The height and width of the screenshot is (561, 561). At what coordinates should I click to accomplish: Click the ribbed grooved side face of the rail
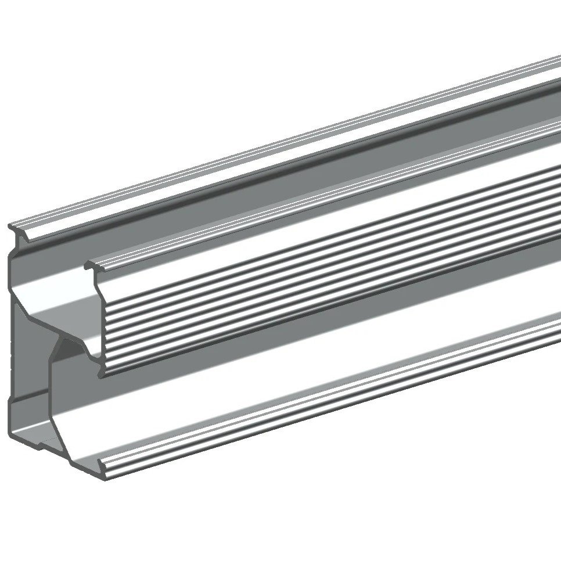325,290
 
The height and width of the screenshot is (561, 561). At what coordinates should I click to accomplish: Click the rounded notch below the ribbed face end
93,351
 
